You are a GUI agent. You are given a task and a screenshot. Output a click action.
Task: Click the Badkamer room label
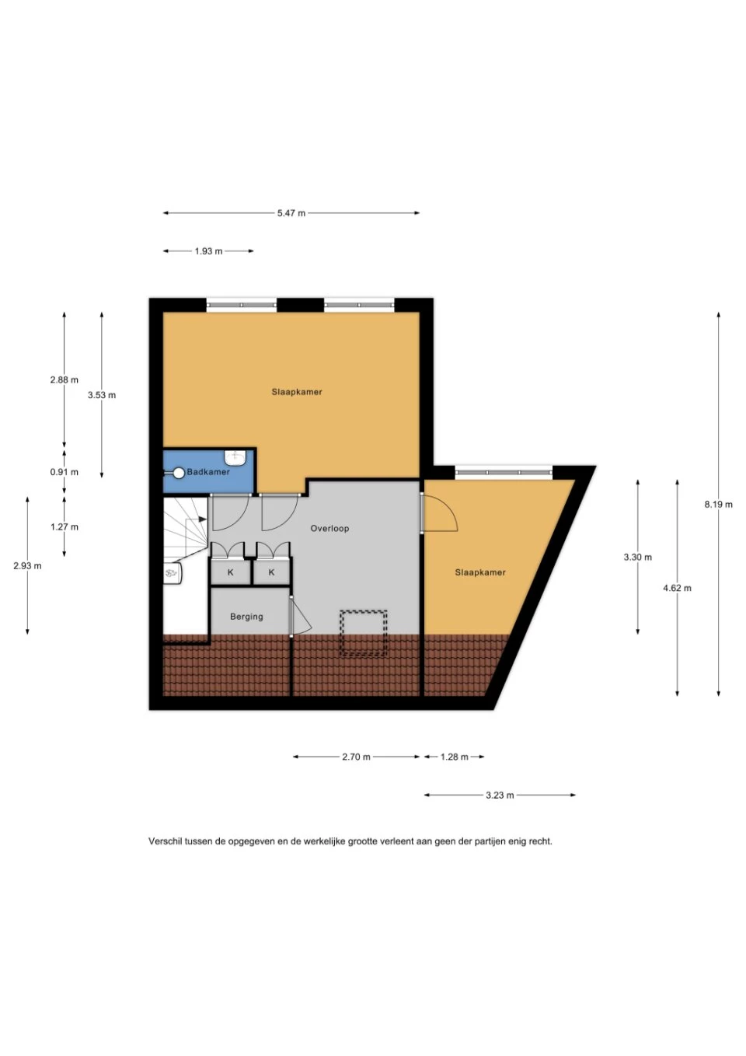[x=208, y=472]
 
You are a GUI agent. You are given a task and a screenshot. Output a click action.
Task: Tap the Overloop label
[x=329, y=529]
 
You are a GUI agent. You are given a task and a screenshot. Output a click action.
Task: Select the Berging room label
[x=246, y=617]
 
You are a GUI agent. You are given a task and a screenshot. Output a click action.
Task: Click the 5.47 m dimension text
[x=291, y=213]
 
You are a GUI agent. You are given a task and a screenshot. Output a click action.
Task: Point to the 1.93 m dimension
[x=208, y=251]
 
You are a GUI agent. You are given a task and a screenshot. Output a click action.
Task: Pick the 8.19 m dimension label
[x=718, y=505]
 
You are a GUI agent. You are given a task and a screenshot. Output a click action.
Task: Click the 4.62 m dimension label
[x=678, y=588]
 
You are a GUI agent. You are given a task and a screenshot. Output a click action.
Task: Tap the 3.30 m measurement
[x=638, y=558]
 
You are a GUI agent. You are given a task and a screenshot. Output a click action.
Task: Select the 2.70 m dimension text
[x=356, y=757]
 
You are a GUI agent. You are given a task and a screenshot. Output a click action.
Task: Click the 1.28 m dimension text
[x=455, y=757]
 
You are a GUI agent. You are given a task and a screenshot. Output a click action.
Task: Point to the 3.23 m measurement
[x=500, y=795]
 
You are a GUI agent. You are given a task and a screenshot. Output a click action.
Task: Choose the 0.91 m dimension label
[x=64, y=472]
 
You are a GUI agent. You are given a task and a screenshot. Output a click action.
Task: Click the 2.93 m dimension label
[x=27, y=566]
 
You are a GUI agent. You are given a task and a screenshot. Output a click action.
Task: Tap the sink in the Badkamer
[x=235, y=456]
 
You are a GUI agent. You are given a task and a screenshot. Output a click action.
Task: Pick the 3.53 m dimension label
[x=102, y=395]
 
